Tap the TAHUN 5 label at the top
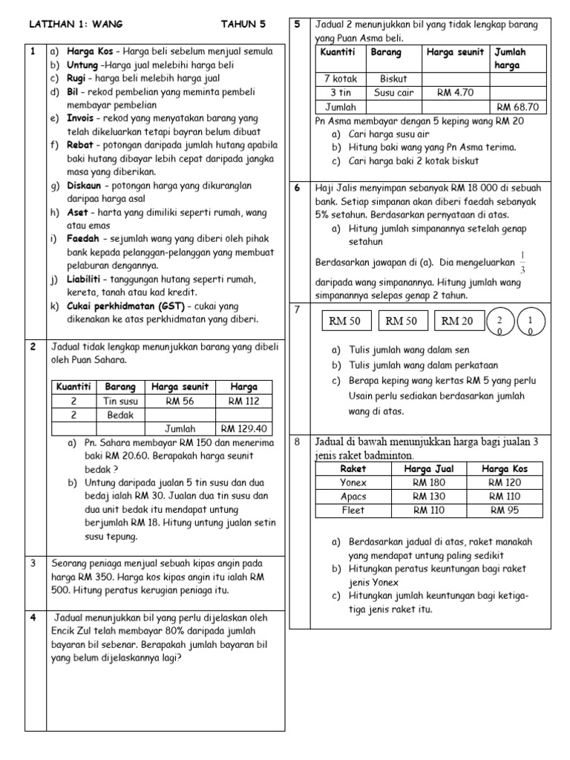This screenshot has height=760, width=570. [243, 24]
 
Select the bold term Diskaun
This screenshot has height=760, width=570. [87, 186]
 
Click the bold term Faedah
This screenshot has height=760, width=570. [84, 239]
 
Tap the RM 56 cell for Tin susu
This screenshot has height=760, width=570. [180, 401]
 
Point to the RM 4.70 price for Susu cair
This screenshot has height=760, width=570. [454, 93]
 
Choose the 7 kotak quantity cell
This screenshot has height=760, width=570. [340, 79]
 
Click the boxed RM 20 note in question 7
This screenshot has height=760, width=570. [456, 321]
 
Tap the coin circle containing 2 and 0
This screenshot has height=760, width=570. [500, 323]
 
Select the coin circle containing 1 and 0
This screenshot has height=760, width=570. [529, 323]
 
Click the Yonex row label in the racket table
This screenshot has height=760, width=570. [353, 482]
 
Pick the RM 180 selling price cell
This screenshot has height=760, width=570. [428, 482]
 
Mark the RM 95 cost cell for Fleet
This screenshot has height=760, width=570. [504, 510]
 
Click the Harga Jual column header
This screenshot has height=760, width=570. [428, 468]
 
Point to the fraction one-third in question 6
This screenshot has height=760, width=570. [522, 263]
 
